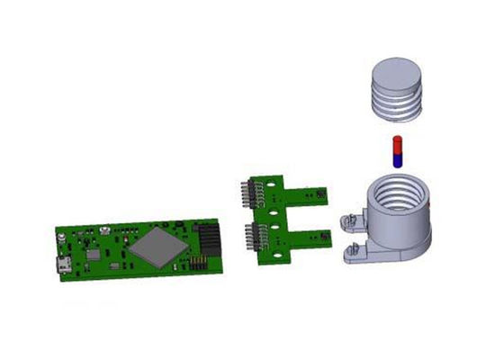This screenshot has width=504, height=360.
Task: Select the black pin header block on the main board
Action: point(210,239)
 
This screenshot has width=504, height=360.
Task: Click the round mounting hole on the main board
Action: point(60,238)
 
